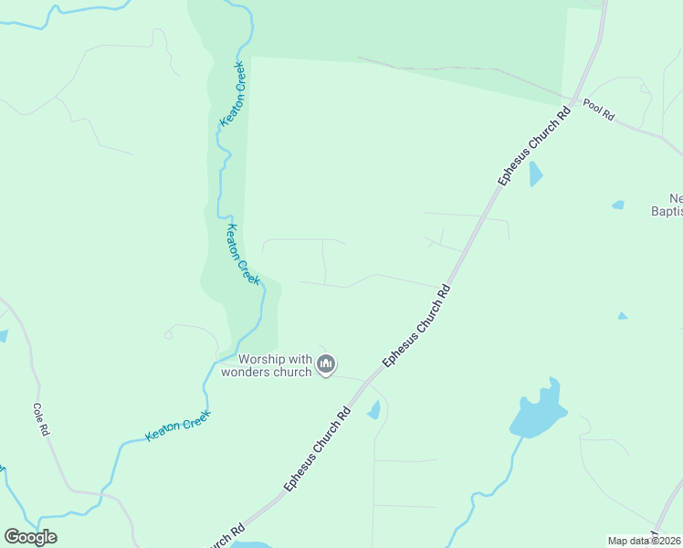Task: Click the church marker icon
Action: [326, 365]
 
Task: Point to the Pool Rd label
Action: [599, 111]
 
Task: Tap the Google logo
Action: [30, 537]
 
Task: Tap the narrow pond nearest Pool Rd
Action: [535, 174]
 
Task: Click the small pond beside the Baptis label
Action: [618, 205]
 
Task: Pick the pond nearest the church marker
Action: [373, 410]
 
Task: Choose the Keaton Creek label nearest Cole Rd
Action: [178, 426]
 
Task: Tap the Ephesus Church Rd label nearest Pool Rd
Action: [534, 148]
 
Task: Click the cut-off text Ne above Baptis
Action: [676, 198]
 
